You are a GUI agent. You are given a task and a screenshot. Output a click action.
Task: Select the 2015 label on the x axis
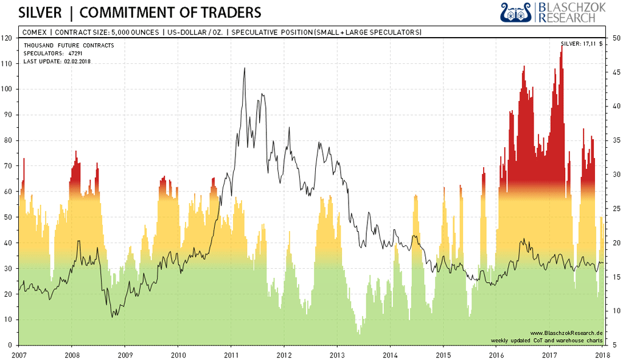pyautogui.click(x=444, y=353)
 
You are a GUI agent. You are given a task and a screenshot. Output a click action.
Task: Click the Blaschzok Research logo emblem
pyautogui.click(x=516, y=12)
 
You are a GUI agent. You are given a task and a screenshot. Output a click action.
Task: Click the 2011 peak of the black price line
pyautogui.click(x=245, y=68)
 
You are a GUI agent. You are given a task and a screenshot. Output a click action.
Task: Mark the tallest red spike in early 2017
pyautogui.click(x=562, y=47)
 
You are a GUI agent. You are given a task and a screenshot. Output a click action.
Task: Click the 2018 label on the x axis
pyautogui.click(x=602, y=353)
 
